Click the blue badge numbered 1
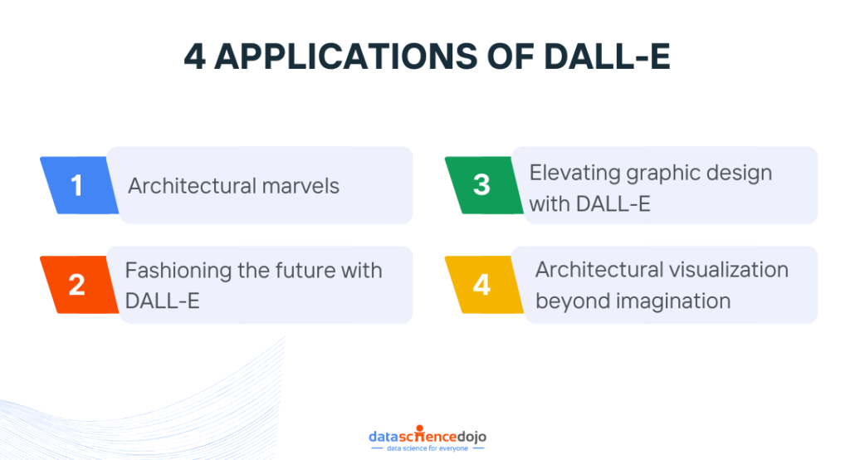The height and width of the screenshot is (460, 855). tap(80, 185)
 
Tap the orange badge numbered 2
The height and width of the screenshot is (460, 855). tap(80, 284)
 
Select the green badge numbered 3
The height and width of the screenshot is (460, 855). tap(484, 185)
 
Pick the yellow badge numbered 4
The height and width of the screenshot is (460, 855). tap(484, 284)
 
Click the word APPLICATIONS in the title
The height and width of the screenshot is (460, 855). tap(346, 56)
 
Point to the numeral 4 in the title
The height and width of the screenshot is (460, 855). tap(195, 56)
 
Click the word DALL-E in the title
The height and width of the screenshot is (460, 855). tap(607, 56)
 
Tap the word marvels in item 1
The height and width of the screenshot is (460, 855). tap(300, 186)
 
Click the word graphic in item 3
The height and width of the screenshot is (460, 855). tap(663, 174)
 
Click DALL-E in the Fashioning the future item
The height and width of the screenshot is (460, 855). tap(163, 301)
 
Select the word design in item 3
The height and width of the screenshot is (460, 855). tap(740, 174)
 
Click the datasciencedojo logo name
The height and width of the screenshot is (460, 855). tap(427, 435)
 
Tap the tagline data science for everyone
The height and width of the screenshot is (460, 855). tap(427, 448)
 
